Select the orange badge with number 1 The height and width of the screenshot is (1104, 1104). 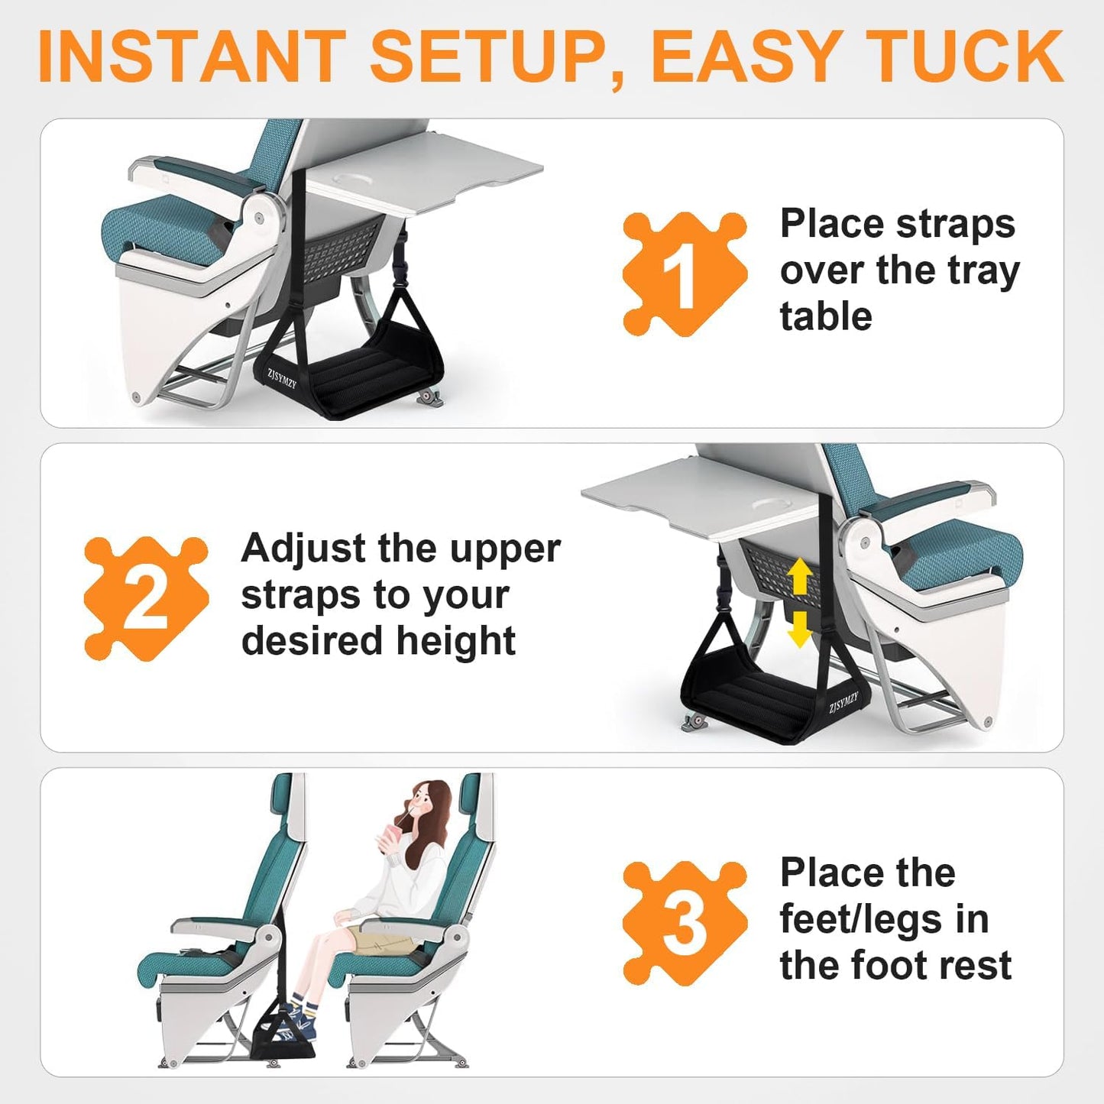click(x=683, y=274)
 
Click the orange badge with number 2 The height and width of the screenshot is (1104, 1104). click(x=145, y=599)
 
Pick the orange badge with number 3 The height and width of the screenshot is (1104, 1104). click(x=683, y=924)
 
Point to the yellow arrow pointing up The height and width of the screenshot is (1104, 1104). click(x=799, y=576)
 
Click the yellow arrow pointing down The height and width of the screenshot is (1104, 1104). click(x=799, y=628)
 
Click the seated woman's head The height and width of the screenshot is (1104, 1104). click(x=428, y=806)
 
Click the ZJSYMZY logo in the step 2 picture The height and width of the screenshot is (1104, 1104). click(x=843, y=702)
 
